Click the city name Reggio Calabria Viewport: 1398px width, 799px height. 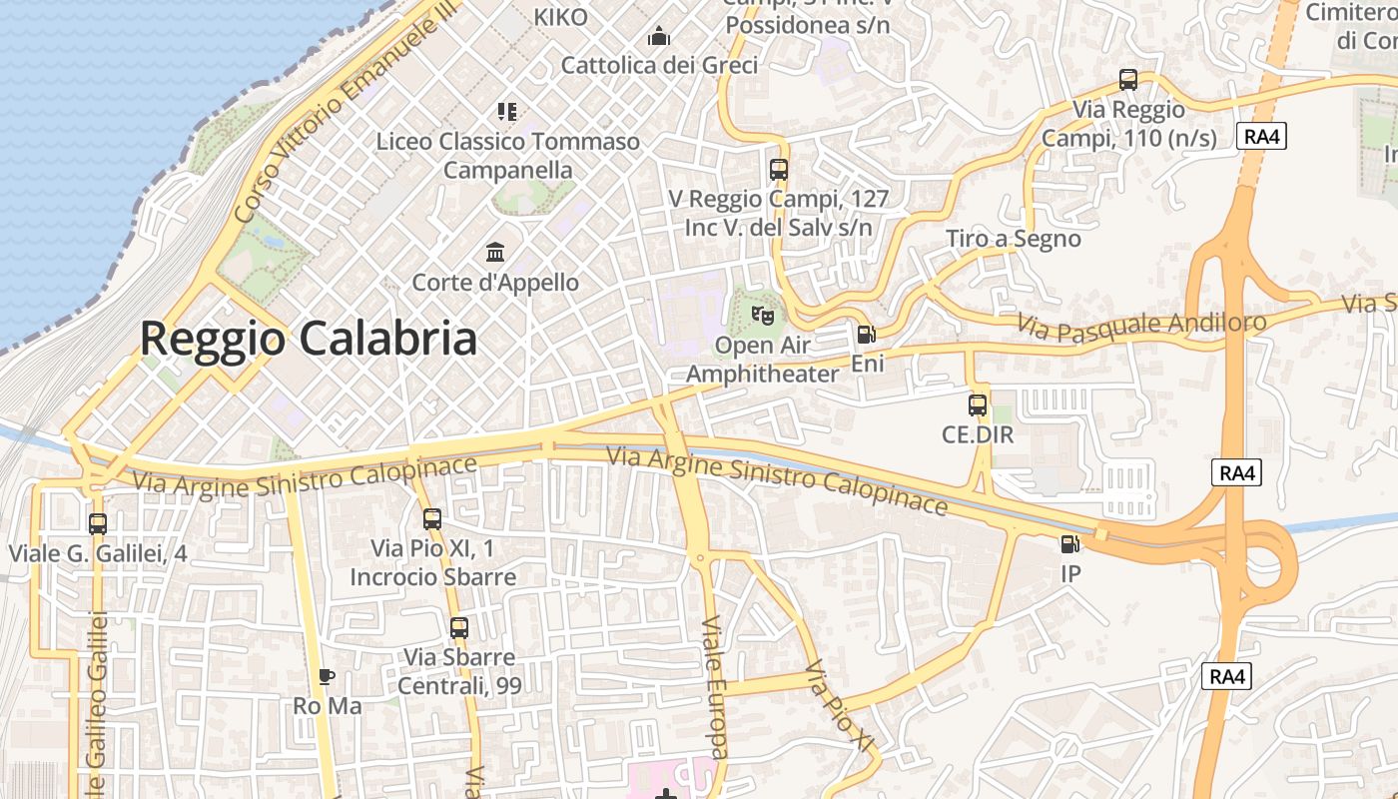tap(308, 339)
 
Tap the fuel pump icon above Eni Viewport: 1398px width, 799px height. tap(867, 335)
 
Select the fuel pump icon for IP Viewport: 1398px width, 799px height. tap(1070, 544)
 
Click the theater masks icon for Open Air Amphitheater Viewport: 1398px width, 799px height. tap(763, 316)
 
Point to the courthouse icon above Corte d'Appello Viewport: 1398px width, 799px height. tap(495, 252)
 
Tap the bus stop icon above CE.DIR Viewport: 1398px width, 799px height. tap(978, 405)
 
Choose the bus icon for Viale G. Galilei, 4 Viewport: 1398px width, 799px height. tap(98, 523)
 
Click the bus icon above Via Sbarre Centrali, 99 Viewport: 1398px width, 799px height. tap(459, 628)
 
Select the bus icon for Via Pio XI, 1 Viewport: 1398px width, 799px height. tap(432, 519)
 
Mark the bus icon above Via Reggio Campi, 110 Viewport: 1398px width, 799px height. tap(1128, 80)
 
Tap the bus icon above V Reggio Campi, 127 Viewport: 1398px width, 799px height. tap(779, 170)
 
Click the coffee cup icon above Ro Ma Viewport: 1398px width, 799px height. tap(327, 676)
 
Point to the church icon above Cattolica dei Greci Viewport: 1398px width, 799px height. tap(659, 37)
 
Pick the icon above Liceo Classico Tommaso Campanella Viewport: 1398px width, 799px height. tap(507, 111)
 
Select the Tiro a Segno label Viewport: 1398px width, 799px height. tap(1014, 239)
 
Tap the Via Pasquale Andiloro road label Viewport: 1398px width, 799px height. tap(1142, 323)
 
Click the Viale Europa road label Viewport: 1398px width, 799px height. tap(715, 686)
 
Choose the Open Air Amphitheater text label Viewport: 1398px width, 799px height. tap(763, 360)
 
